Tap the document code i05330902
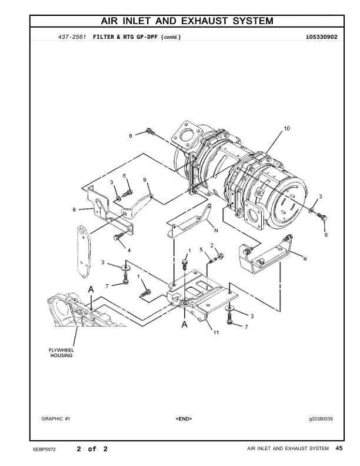(x=321, y=37)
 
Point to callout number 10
(x=286, y=128)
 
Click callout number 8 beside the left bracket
(x=74, y=208)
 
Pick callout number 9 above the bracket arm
(x=145, y=179)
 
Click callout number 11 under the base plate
(x=216, y=333)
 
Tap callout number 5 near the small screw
(x=201, y=251)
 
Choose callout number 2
(x=211, y=245)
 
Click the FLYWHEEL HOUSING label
(x=60, y=352)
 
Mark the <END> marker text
(x=184, y=418)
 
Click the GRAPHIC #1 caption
(x=56, y=418)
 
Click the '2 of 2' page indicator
(x=92, y=450)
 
